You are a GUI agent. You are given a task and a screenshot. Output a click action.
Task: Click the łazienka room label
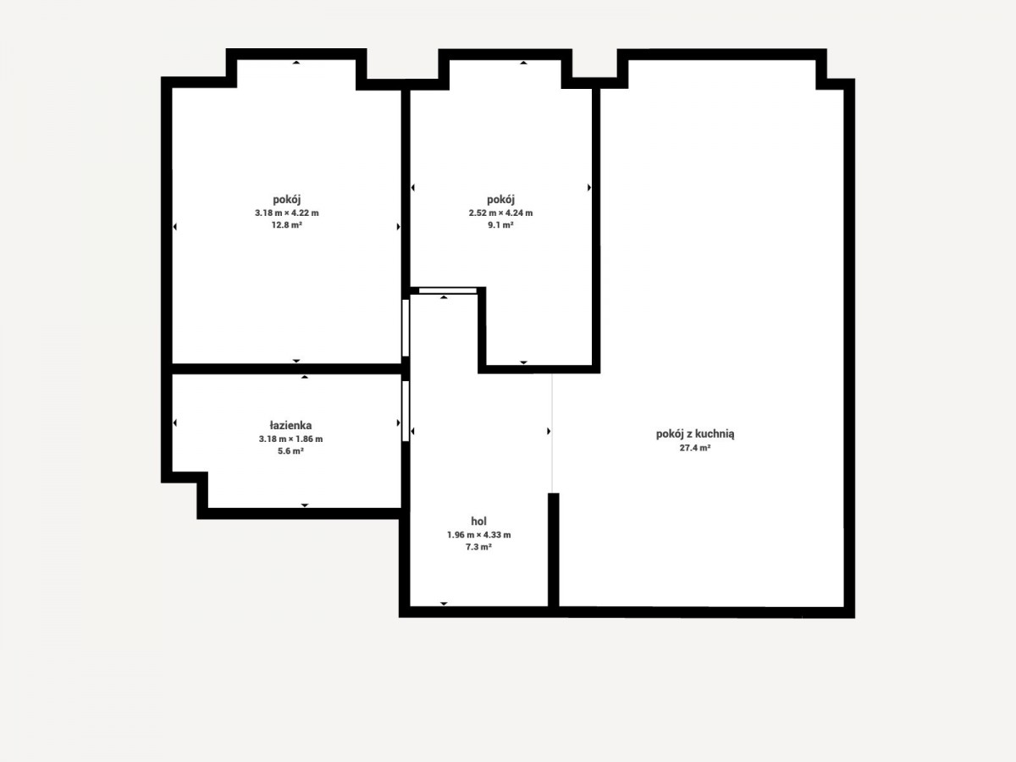[x=290, y=425]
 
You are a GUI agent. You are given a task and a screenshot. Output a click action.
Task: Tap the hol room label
[x=478, y=521]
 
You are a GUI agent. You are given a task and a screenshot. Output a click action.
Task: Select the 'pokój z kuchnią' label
[x=695, y=434]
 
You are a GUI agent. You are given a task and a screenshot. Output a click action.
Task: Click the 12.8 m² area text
[x=287, y=225]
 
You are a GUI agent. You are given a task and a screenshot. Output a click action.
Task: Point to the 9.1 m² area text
[x=500, y=225]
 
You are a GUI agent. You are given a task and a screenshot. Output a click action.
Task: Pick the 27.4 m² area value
[x=695, y=448]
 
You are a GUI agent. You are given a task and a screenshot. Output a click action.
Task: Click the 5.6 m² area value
[x=290, y=451]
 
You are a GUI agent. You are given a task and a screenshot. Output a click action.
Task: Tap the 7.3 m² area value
[x=478, y=547]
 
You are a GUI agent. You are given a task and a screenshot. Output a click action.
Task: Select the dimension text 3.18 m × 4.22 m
[x=287, y=213]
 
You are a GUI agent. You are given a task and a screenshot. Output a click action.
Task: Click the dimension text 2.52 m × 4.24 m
[x=500, y=213]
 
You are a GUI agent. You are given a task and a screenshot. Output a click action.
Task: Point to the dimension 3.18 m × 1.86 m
[x=290, y=439]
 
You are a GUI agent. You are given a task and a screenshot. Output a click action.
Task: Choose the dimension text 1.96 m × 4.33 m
[x=478, y=535]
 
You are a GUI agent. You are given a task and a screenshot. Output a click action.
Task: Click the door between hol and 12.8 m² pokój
[x=406, y=328]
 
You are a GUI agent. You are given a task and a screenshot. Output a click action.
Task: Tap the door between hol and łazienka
[x=406, y=411]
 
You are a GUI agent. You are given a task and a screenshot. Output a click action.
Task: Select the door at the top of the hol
[x=448, y=290]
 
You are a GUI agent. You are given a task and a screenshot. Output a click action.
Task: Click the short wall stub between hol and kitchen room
[x=554, y=550]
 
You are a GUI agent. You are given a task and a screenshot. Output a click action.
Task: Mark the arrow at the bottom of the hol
[x=444, y=604]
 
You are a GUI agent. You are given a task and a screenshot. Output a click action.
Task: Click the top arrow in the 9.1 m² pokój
[x=523, y=63]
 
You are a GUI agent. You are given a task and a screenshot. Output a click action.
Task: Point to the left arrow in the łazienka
[x=175, y=422]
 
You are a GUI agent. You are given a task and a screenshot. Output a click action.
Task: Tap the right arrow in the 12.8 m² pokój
[x=399, y=227]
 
